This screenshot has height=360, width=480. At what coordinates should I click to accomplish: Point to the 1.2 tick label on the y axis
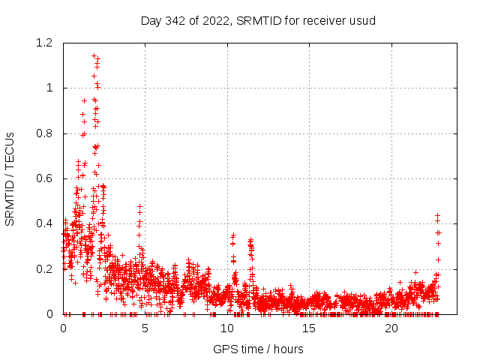(x=44, y=43)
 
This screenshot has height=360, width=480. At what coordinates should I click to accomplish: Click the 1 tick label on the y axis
(x=49, y=88)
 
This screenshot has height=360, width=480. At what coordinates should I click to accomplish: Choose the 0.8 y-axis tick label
(x=44, y=133)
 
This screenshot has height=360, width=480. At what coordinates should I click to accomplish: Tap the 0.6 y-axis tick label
(x=44, y=178)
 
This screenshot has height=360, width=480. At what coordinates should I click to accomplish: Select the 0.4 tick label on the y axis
(x=44, y=223)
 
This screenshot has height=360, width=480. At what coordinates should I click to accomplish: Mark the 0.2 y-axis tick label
(x=44, y=269)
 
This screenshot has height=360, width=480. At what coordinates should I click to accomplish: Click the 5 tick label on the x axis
(x=145, y=328)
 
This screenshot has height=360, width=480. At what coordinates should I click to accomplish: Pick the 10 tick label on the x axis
(x=227, y=328)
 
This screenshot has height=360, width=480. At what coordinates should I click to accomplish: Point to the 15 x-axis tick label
(x=309, y=328)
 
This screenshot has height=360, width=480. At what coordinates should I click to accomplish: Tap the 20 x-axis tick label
(x=391, y=328)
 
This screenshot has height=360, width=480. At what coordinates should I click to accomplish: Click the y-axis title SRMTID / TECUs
(x=10, y=178)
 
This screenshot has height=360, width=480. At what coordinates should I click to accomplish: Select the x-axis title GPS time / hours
(x=258, y=349)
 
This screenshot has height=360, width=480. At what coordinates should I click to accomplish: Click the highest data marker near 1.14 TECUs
(x=94, y=55)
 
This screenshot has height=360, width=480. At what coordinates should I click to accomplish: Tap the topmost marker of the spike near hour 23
(x=437, y=215)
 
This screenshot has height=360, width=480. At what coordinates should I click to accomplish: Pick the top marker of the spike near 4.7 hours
(x=139, y=205)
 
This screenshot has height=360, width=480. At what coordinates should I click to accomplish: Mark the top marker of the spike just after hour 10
(x=233, y=235)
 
